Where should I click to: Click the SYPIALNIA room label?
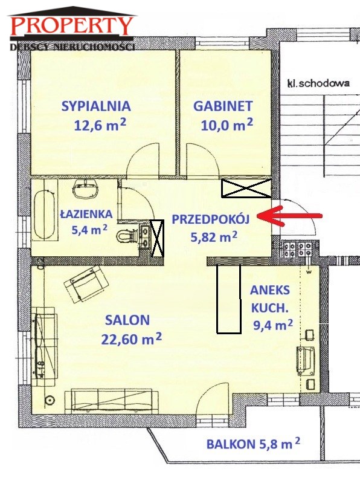96,106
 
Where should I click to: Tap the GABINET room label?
223,106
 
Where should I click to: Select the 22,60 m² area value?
132,339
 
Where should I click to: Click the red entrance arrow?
289,216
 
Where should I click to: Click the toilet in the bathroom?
127,236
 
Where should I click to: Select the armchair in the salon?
86,284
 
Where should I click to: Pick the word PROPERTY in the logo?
72,26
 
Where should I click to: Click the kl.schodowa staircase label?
318,83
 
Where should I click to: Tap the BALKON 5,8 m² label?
253,444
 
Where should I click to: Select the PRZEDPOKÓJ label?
211,219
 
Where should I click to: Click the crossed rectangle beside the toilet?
157,238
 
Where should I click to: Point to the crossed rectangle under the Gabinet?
246,188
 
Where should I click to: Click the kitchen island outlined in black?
229,299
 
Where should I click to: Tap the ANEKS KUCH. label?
270,299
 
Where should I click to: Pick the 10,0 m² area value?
227,125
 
